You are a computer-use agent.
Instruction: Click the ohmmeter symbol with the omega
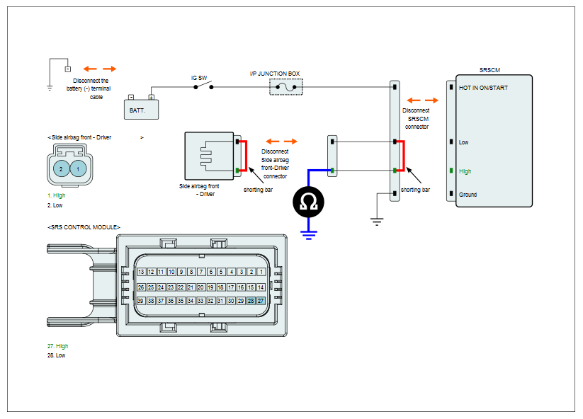308,202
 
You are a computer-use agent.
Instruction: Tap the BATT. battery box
141,109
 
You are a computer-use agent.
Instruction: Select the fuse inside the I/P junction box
286,87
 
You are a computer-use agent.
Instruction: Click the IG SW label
199,78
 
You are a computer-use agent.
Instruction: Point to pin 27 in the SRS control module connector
261,301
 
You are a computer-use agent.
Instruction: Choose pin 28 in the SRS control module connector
251,301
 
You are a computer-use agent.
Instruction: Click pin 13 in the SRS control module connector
141,272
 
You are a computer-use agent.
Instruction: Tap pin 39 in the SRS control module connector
140,301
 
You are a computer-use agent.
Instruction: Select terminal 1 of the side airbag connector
78,169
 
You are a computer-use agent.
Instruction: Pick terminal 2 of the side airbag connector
62,169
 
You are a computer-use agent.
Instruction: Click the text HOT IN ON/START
483,88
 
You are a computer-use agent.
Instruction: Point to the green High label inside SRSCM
465,171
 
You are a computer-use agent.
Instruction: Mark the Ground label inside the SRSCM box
468,195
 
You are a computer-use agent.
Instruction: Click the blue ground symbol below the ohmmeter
309,235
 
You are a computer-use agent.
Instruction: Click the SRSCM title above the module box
489,70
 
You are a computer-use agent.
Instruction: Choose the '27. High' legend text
57,346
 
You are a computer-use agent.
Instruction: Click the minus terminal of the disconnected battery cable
68,69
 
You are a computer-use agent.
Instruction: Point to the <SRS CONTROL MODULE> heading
84,227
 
